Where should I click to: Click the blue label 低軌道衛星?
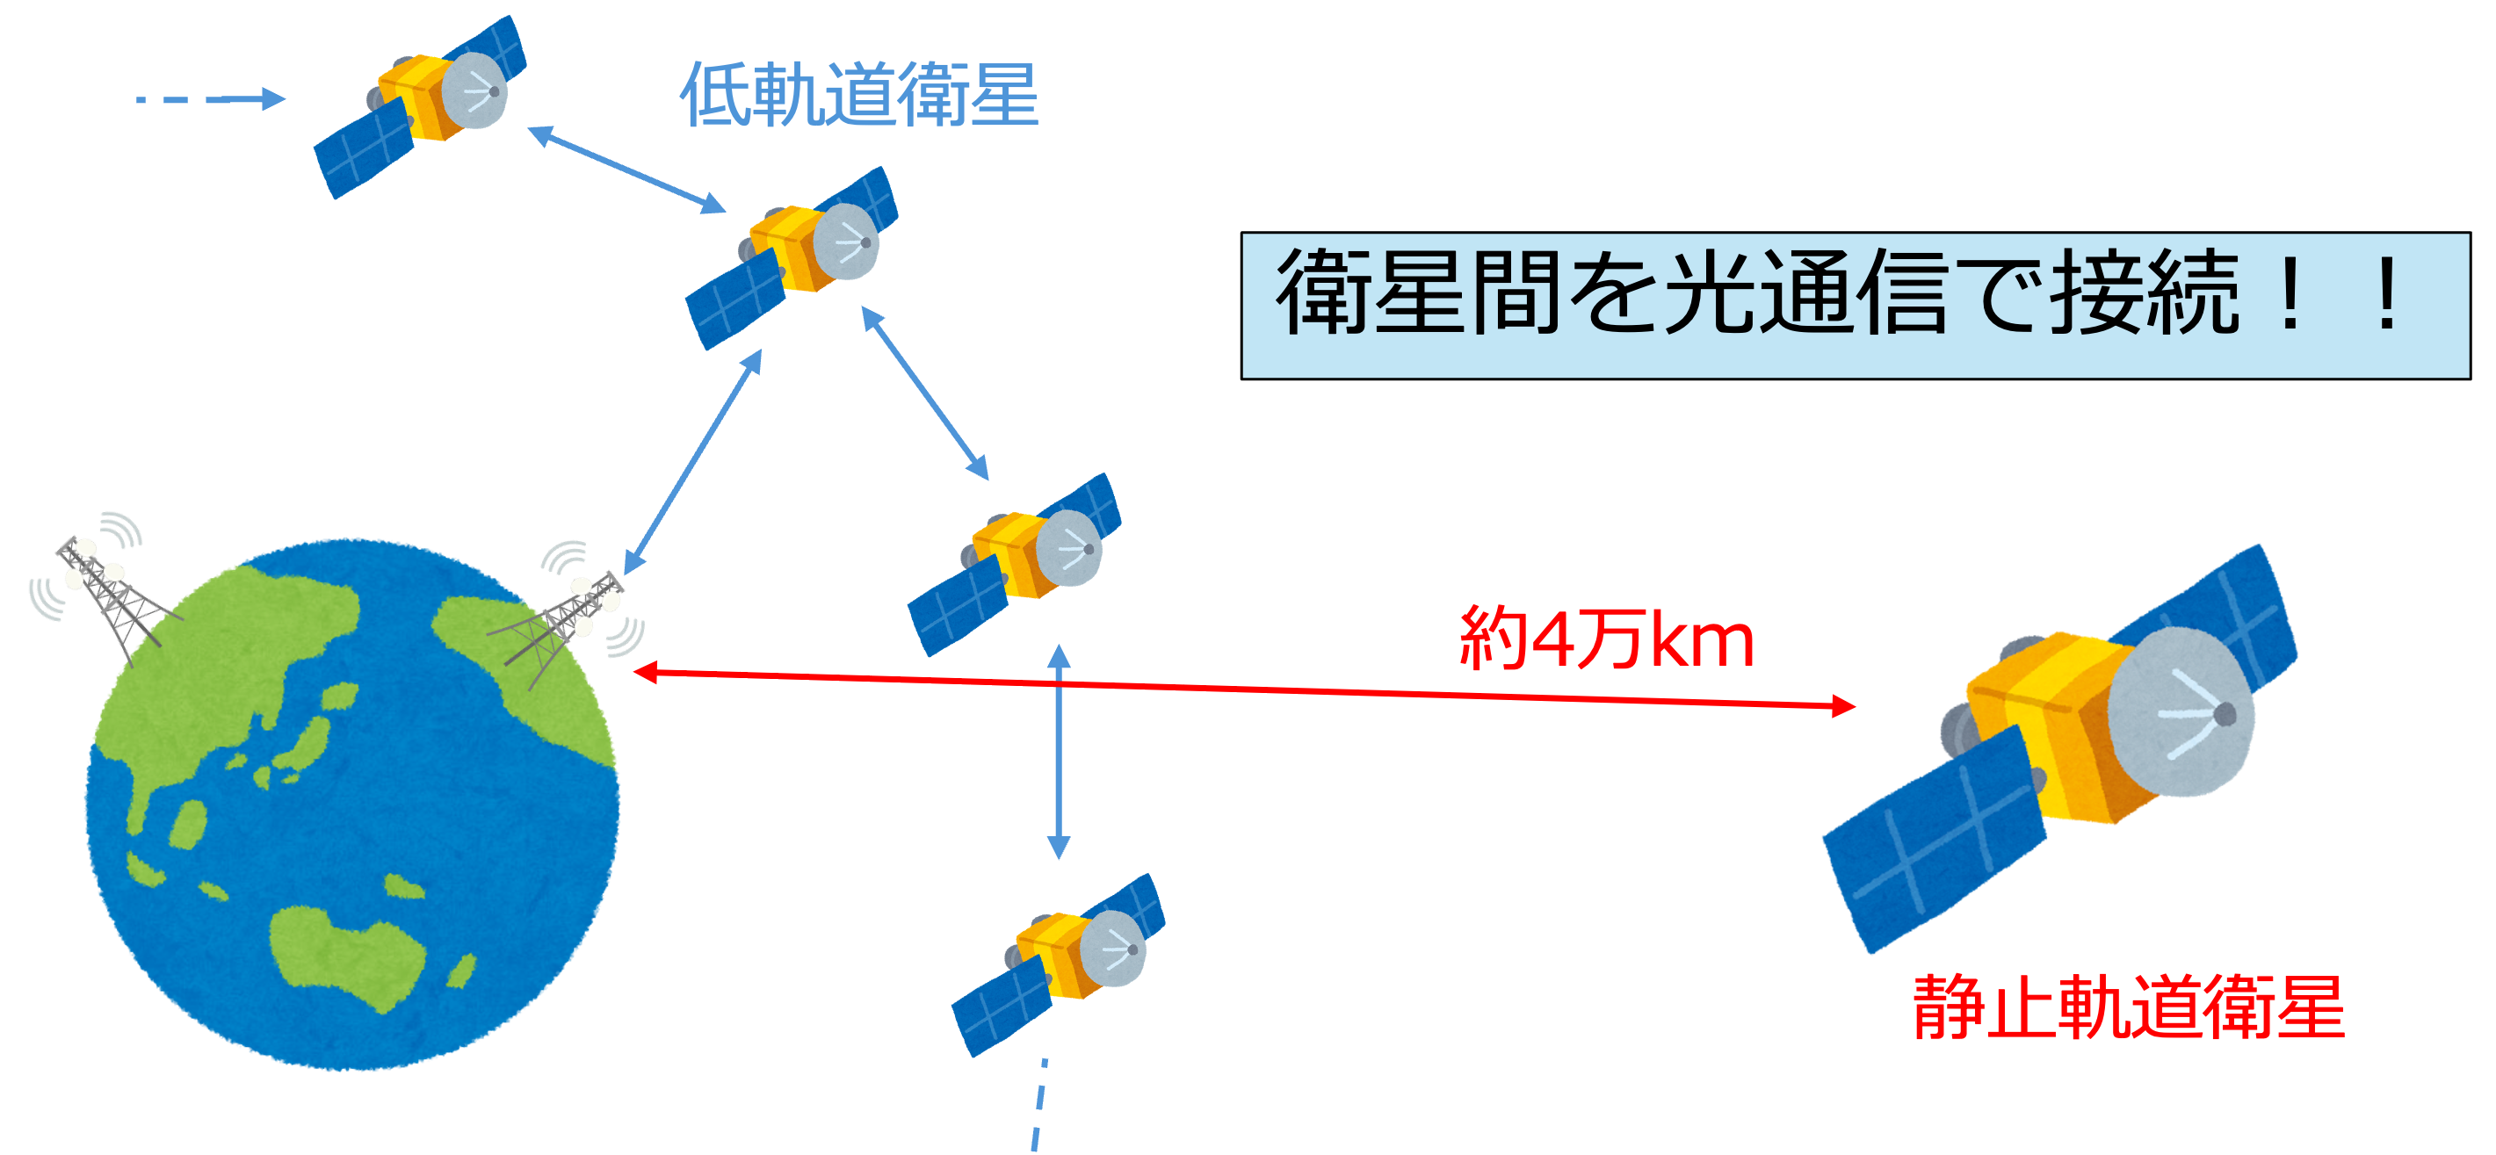(x=859, y=95)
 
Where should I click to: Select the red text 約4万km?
(x=1607, y=639)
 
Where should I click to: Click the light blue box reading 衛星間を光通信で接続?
(x=1855, y=306)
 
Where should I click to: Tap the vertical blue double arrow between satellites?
(x=1059, y=752)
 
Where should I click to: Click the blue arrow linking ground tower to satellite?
(x=691, y=463)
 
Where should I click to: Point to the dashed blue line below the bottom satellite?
(x=1038, y=1105)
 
